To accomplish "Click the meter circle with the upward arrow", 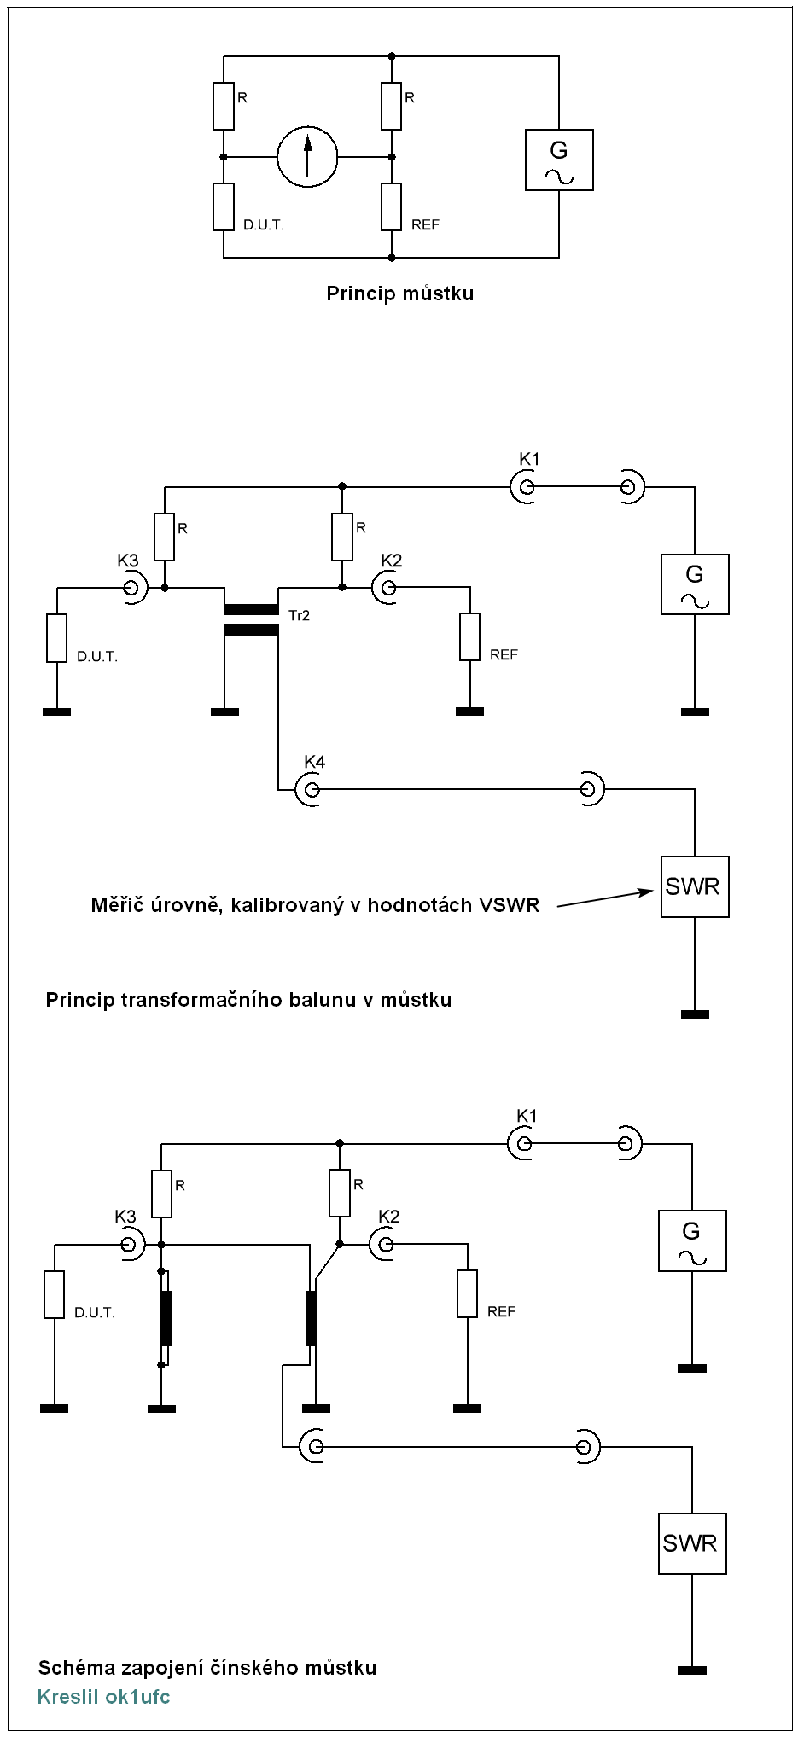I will click(307, 157).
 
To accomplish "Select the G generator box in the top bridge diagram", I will click(559, 160).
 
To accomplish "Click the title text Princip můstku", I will click(399, 293).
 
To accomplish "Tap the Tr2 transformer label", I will click(299, 615).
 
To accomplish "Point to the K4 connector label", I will click(314, 762).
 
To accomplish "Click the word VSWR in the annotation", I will click(509, 905).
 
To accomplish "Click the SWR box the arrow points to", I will click(695, 887).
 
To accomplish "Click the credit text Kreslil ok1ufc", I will click(103, 1697).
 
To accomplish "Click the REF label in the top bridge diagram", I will click(425, 225).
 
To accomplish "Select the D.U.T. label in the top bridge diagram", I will click(263, 225).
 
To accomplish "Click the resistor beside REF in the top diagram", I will click(392, 207).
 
